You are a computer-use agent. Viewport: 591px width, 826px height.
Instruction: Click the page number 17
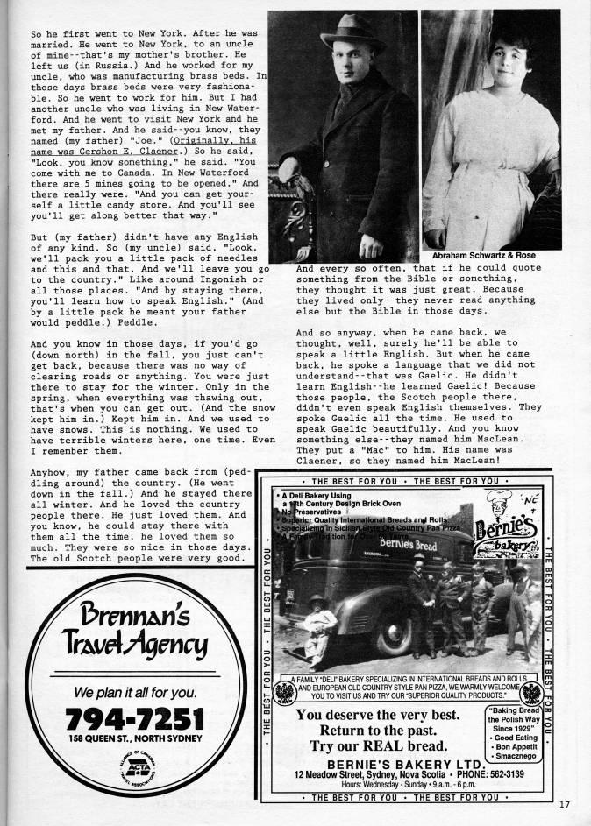click(566, 803)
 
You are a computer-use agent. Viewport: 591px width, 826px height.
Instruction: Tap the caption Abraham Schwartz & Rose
click(484, 255)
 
